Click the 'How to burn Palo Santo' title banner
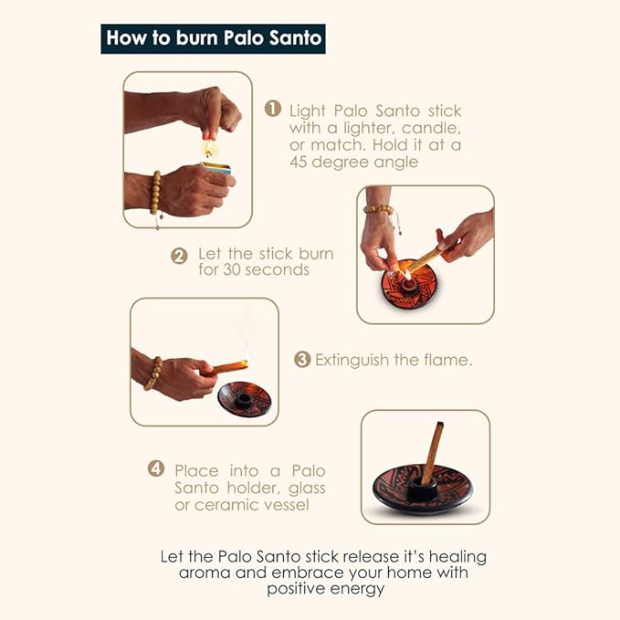tap(213, 38)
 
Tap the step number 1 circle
tap(273, 109)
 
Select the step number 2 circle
tap(179, 256)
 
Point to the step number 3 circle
tap(302, 360)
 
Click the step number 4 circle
tap(156, 468)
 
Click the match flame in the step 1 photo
tap(209, 149)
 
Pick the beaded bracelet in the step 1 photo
tap(156, 193)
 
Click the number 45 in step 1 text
tap(299, 162)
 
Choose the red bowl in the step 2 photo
tap(408, 286)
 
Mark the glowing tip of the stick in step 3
tap(245, 363)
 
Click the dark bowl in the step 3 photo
tap(245, 399)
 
